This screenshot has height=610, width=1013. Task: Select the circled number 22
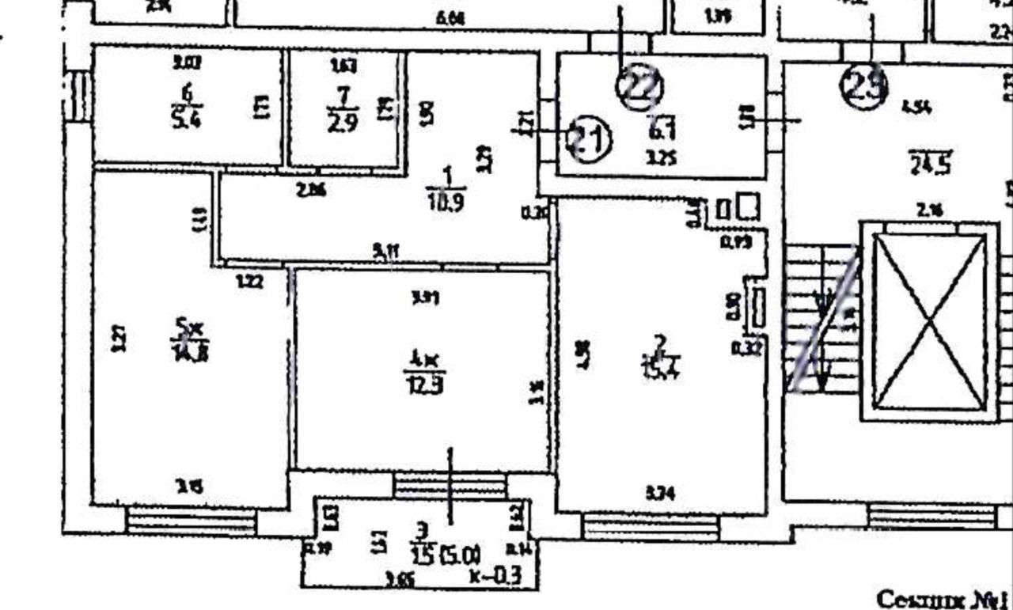[x=641, y=88]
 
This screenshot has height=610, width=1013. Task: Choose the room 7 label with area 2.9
[x=341, y=109]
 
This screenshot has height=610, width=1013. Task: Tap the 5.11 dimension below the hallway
[x=386, y=253]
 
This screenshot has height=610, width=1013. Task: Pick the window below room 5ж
[x=191, y=521]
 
